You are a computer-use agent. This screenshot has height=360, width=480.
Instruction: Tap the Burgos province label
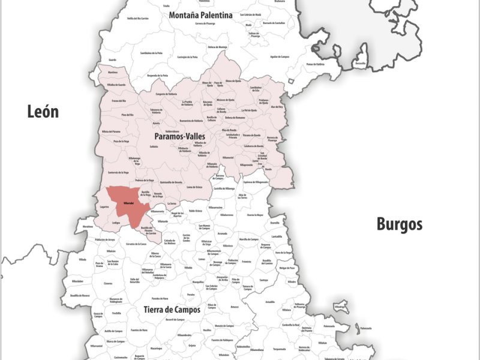coord(399,224)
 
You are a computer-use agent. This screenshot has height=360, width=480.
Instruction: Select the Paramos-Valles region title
coord(179,137)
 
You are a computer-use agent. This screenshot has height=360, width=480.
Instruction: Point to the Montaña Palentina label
coord(200,15)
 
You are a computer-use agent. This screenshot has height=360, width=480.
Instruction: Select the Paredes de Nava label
coord(160,298)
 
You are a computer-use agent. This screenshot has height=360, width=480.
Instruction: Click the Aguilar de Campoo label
coord(280,57)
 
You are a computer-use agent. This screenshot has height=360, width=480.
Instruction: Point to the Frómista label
coord(246,262)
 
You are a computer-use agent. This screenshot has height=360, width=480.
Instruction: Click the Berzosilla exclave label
coord(360,63)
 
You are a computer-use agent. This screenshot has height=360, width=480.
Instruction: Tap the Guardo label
coord(112,60)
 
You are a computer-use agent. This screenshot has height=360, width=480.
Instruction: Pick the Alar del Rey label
coord(277,107)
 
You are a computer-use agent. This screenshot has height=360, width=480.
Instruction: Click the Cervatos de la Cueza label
coord(137,244)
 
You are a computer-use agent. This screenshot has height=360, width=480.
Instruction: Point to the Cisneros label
coord(108,283)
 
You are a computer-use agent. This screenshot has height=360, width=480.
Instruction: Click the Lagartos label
coord(104,206)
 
